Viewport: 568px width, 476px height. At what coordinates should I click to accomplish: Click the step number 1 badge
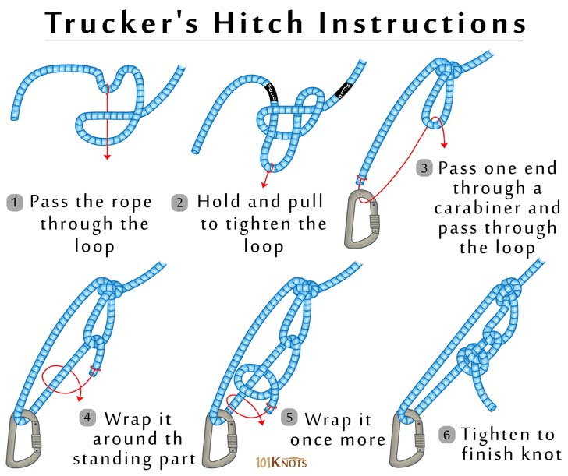15,203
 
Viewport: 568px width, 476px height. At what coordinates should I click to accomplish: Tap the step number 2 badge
180,203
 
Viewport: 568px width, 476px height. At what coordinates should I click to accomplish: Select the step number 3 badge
424,167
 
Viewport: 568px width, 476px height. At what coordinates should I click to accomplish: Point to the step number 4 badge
87,418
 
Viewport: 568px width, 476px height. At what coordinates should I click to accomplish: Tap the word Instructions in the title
424,23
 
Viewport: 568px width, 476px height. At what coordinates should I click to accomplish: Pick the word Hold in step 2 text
218,202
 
